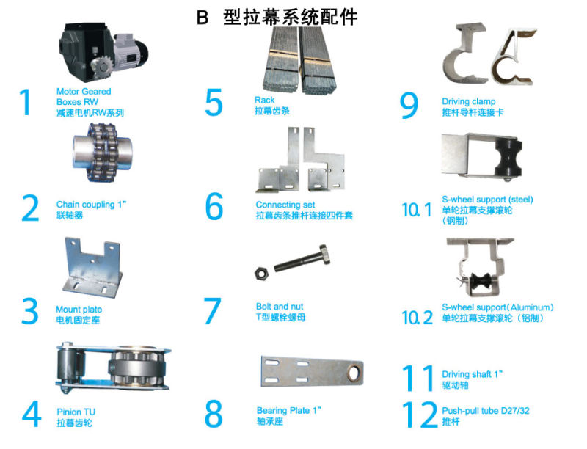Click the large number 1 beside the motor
coord(26,103)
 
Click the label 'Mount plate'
coord(79,310)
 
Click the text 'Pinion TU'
coord(75,412)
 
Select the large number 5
coord(214,103)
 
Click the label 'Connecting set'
coord(283,205)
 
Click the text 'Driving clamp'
coord(468,101)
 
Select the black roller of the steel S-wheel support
coord(507,158)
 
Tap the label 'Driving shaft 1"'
coord(473,374)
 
